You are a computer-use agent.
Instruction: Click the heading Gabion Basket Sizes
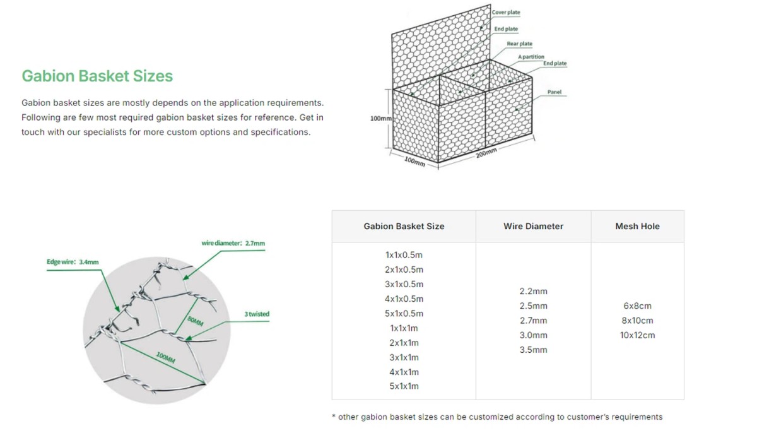point(97,76)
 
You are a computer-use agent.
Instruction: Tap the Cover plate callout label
point(506,12)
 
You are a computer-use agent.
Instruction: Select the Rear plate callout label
point(519,44)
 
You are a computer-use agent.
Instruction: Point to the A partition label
point(531,56)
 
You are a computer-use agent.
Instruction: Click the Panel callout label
point(555,92)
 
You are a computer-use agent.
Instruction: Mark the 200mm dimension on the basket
point(486,153)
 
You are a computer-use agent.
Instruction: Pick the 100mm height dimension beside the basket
point(381,118)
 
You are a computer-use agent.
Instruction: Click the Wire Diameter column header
point(533,226)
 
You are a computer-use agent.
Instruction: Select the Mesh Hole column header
point(637,226)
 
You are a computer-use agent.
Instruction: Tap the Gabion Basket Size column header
point(404,226)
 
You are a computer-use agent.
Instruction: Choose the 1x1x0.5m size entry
point(404,255)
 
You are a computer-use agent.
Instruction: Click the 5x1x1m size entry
point(404,386)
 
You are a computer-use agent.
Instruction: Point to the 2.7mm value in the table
point(533,321)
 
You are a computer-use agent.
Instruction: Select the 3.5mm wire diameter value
point(533,350)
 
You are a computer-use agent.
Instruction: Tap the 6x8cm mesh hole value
point(637,306)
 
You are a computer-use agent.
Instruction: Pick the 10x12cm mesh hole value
point(637,335)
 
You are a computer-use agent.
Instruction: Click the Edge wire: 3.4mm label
point(73,262)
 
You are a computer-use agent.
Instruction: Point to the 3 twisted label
point(257,314)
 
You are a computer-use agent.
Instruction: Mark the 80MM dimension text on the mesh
point(196,321)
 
